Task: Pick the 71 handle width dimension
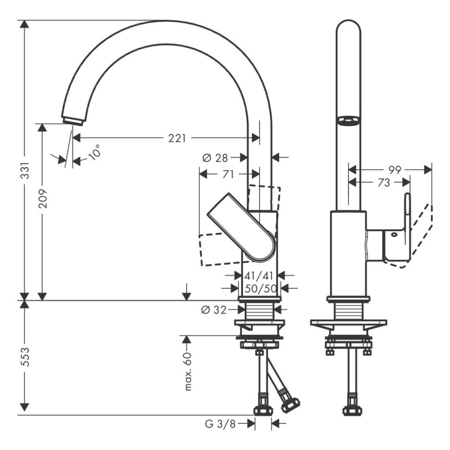(228, 174)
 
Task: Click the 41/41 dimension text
(259, 276)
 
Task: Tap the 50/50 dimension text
(259, 288)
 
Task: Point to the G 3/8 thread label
(220, 423)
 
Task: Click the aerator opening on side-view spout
(347, 119)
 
